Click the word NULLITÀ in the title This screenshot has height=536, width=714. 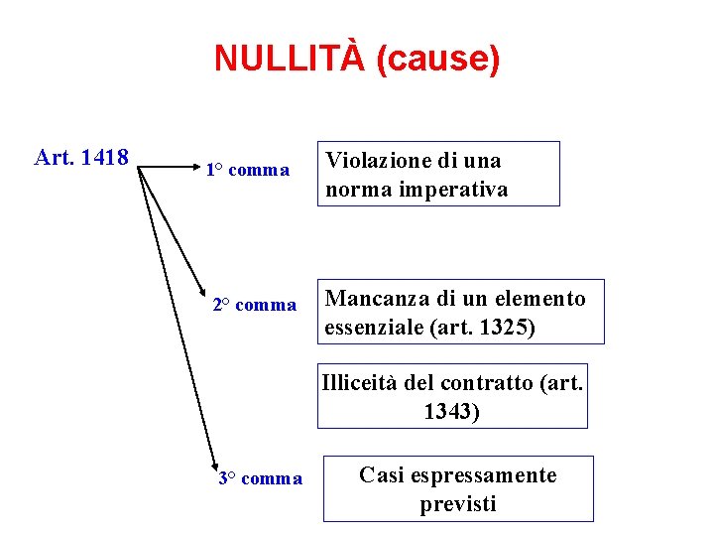tap(291, 60)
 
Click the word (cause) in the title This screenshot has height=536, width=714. tap(438, 60)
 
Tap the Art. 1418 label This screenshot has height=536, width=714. tap(81, 158)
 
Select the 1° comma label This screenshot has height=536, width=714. tap(247, 171)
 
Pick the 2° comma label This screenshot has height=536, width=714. tap(255, 305)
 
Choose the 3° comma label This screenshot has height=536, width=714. tap(260, 479)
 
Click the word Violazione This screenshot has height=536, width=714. tap(377, 161)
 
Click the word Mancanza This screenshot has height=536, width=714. tap(372, 299)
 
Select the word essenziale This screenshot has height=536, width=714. tap(375, 328)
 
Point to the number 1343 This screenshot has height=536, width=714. tap(451, 411)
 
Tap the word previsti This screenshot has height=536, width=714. tap(457, 504)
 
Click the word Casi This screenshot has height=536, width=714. tap(378, 475)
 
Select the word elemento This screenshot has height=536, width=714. tap(541, 299)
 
